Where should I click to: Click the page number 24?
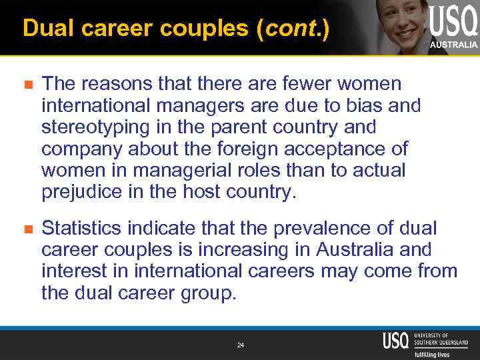(241, 345)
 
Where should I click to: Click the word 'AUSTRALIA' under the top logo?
(453, 45)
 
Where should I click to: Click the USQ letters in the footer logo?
(396, 340)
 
